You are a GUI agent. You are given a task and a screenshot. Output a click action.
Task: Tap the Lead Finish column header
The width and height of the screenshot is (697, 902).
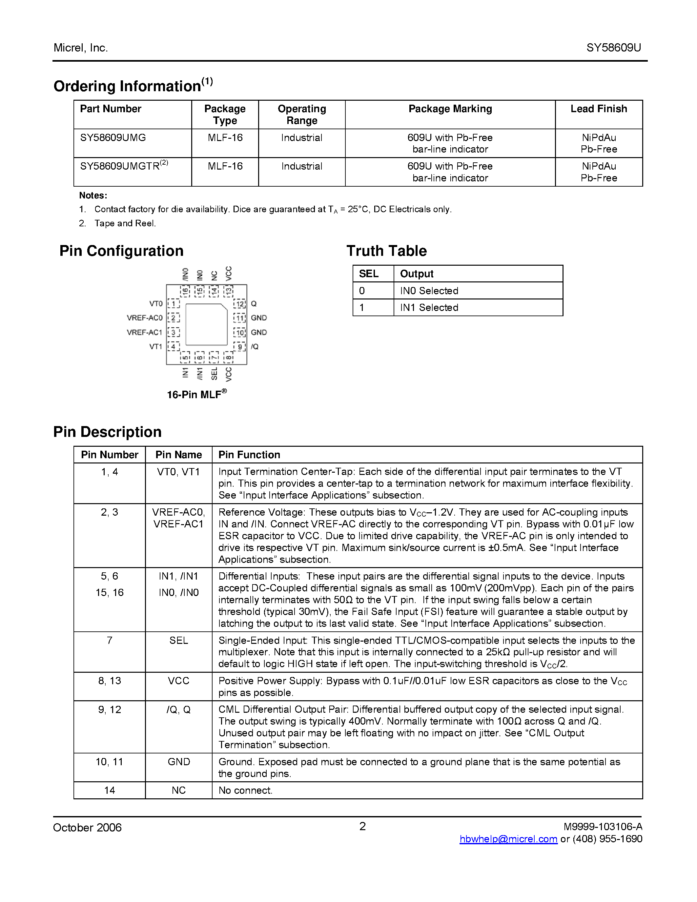point(598,109)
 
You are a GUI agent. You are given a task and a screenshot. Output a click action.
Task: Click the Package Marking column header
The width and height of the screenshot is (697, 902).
point(450,109)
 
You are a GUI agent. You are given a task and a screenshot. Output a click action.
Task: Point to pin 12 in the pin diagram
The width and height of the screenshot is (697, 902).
point(240,304)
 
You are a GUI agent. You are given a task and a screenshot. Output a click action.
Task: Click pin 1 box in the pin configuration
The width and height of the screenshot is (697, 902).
point(174,304)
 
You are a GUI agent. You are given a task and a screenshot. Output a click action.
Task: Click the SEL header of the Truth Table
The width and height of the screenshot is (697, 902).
point(368,274)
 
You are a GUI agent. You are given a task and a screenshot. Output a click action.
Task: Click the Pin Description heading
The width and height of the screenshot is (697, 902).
point(107,432)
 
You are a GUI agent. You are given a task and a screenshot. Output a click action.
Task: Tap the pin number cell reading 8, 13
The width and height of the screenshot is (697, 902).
point(110,681)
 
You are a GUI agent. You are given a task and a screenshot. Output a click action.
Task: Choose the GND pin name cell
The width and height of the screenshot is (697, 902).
point(178,762)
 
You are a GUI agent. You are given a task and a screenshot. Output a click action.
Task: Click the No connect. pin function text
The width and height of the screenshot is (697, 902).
point(245,790)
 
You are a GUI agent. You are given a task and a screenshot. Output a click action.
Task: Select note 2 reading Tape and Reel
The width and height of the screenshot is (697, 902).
point(125,223)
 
